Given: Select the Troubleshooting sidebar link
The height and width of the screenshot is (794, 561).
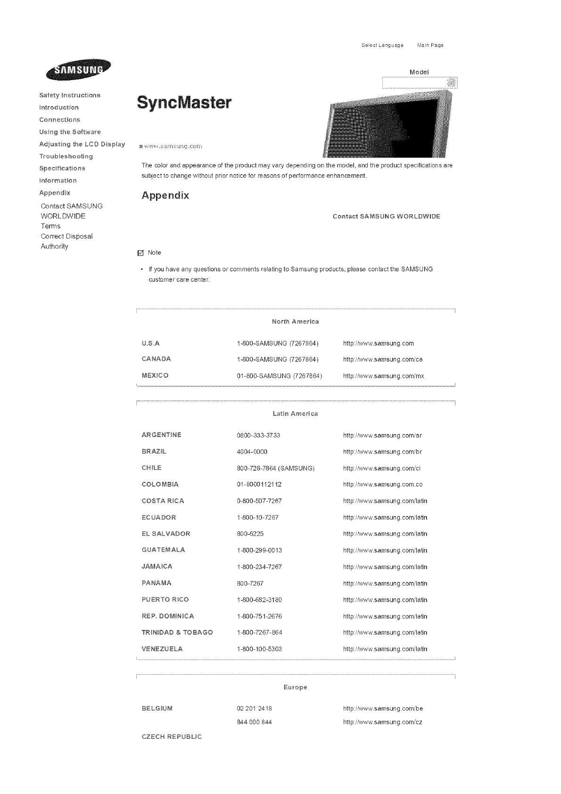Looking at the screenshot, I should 66,156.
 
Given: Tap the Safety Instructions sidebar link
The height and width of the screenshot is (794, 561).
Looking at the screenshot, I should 70,95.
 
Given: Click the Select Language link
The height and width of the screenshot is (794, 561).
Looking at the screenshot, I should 382,45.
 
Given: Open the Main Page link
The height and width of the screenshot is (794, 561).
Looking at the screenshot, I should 430,45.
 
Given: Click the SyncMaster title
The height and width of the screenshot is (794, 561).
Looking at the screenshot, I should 184,102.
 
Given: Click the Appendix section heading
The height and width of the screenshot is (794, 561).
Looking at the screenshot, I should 165,195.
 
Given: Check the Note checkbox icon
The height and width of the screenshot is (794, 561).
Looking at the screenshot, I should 140,253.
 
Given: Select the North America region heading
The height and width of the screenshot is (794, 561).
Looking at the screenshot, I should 296,322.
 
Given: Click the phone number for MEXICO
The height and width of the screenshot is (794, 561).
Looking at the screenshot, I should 279,376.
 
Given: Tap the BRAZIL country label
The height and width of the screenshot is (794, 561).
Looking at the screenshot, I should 154,451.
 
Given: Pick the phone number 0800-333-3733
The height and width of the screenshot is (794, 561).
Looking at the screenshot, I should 258,435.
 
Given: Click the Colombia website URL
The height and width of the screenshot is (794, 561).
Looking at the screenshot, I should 383,484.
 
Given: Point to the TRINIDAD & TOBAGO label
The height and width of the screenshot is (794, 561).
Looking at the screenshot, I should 177,632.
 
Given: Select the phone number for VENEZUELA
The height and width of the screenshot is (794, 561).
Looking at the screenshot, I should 259,649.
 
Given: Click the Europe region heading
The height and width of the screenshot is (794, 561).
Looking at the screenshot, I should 296,687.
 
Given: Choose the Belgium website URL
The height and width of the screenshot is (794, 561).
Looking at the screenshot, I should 383,708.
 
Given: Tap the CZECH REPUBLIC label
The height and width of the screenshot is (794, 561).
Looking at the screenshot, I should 172,736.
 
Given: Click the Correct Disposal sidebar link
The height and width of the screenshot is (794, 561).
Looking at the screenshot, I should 66,236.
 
